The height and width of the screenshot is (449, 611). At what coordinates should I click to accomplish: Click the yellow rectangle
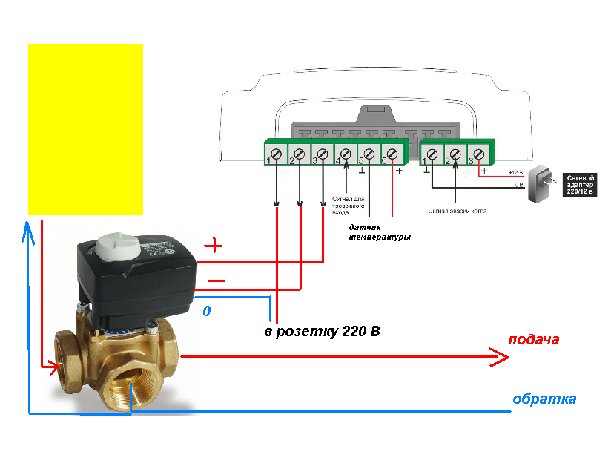(x=85, y=128)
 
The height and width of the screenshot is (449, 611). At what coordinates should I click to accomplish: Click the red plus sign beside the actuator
(x=213, y=246)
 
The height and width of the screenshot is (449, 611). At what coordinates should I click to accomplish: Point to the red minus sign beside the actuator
(x=216, y=281)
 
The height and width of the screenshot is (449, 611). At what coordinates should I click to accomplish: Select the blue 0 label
(x=207, y=312)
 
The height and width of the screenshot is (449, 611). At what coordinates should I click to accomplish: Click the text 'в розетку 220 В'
(x=322, y=331)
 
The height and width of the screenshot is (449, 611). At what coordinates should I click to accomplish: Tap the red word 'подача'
(x=533, y=340)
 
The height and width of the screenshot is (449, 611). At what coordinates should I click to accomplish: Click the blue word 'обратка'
(x=544, y=399)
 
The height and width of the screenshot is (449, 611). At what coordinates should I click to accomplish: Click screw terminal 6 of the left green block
(x=392, y=154)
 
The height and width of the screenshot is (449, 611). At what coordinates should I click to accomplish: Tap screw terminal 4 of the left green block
(x=346, y=154)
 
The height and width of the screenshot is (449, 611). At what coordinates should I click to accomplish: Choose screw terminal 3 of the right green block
(x=479, y=154)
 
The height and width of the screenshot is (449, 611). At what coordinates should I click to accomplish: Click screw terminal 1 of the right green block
(x=433, y=154)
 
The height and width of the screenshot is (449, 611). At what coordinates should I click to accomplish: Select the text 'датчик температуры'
(x=379, y=232)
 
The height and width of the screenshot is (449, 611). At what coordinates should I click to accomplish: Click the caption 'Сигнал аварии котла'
(x=458, y=211)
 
